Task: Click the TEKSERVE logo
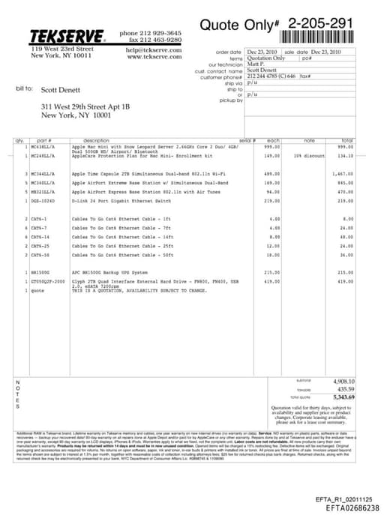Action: tap(67, 35)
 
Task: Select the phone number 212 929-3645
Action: tap(162, 33)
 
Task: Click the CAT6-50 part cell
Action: tap(38, 254)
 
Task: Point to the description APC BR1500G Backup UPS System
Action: tap(108, 272)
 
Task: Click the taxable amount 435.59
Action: tap(345, 389)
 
